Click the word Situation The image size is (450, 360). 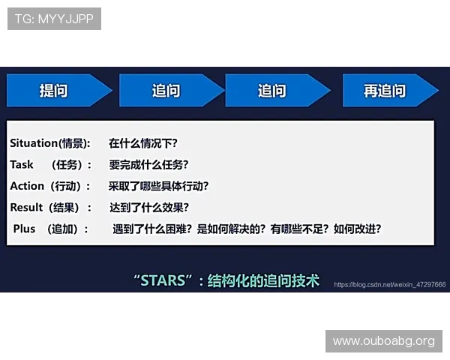(x=34, y=142)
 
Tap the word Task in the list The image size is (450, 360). (x=22, y=164)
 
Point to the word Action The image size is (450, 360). (x=27, y=186)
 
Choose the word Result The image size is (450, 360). (x=27, y=208)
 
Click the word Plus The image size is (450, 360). (x=24, y=229)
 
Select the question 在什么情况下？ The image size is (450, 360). (x=142, y=142)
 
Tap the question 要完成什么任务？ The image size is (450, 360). (x=148, y=164)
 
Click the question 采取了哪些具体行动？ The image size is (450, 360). (x=158, y=186)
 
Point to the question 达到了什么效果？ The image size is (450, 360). (x=148, y=208)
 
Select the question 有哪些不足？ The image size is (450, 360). (x=299, y=229)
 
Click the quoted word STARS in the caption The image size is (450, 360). (x=163, y=281)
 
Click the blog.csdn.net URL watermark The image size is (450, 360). (x=390, y=285)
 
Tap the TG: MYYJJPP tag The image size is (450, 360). (x=54, y=19)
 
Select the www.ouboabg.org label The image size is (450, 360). (x=383, y=341)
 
